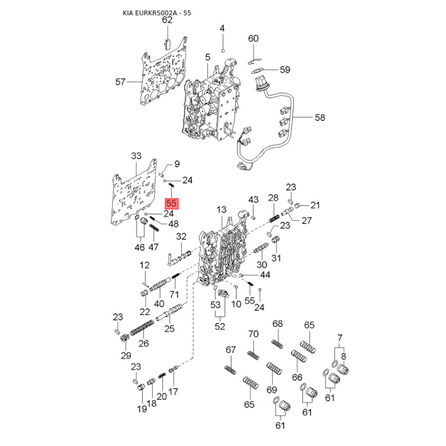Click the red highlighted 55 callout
pos(172,203)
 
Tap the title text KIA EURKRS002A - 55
pos(157,13)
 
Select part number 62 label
pos(167,20)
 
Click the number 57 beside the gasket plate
pos(120,82)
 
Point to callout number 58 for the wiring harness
pos(320,117)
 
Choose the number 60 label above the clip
pos(253,38)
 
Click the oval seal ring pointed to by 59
pos(258,70)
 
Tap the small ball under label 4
pos(224,51)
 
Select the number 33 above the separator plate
pos(136,156)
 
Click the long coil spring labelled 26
pos(142,327)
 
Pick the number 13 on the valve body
pos(221,210)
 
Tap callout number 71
pos(174,294)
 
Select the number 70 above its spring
pos(253,333)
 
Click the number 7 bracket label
pos(340,338)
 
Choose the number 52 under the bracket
pos(220,326)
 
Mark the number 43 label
pos(253,200)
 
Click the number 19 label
pos(142,409)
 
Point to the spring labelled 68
pos(277,344)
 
